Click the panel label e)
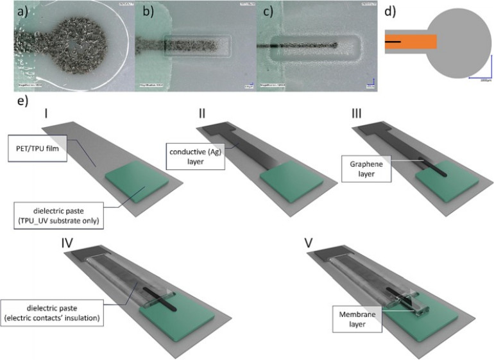[x=24, y=101]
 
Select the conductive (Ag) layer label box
[x=195, y=157]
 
